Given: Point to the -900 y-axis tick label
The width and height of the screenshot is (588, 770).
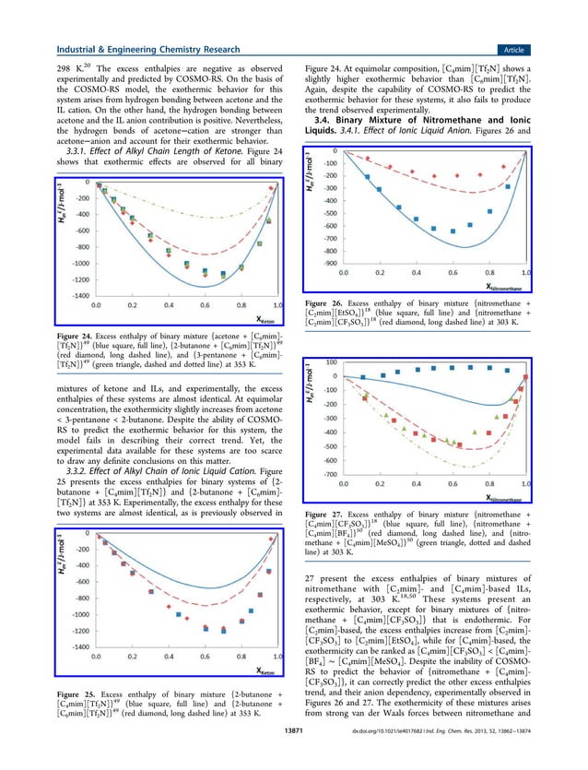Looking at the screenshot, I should (x=328, y=263).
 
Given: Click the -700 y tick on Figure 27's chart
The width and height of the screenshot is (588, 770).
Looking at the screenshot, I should (x=328, y=474).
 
